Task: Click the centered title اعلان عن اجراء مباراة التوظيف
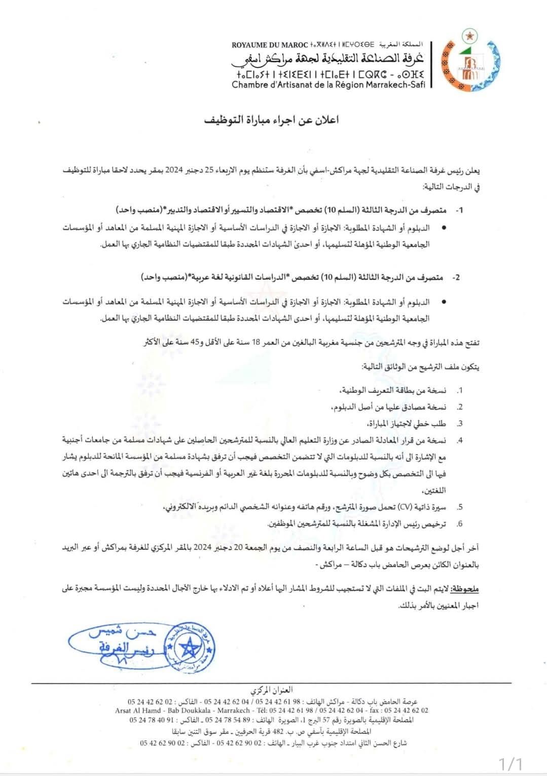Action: click(x=271, y=120)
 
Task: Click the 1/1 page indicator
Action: click(x=510, y=763)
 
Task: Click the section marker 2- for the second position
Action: click(x=457, y=278)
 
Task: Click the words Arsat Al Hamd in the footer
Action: click(x=138, y=711)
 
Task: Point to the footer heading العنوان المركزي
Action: click(x=272, y=690)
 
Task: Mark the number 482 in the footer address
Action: click(x=278, y=732)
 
